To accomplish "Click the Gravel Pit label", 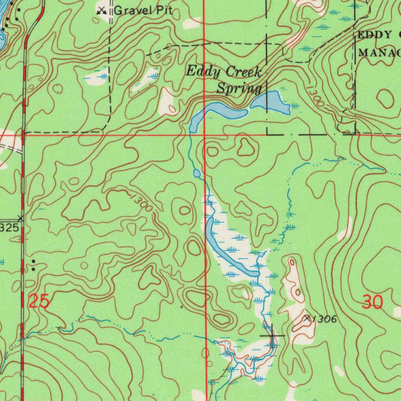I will click(x=143, y=11).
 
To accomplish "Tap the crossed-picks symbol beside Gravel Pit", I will click(x=102, y=10).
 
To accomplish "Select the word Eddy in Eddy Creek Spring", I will click(x=199, y=72).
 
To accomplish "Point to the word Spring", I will click(x=239, y=89).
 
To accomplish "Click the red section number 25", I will click(x=39, y=302).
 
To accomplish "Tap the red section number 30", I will click(x=372, y=302).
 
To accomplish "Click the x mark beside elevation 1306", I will click(x=307, y=319).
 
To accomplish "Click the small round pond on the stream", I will click(x=197, y=173).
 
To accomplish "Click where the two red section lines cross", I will click(x=204, y=134).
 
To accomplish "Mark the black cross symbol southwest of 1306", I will click(x=272, y=336).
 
